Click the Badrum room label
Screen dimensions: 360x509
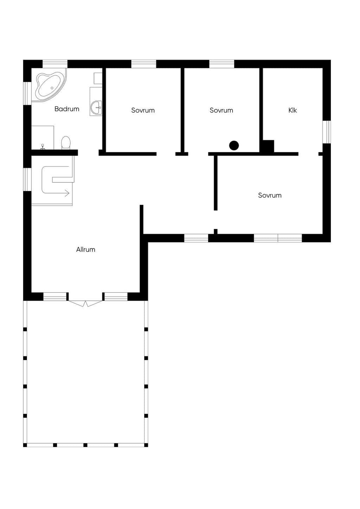[67, 109]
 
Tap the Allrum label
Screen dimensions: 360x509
[86, 250]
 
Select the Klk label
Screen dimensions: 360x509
[292, 110]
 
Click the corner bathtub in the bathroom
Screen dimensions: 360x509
[51, 85]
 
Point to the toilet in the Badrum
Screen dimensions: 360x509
[66, 143]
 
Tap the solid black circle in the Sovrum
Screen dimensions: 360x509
[234, 146]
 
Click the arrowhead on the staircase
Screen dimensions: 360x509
[67, 193]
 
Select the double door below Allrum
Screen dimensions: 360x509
[86, 303]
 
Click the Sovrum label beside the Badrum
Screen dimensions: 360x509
[143, 110]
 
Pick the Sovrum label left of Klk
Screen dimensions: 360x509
[221, 110]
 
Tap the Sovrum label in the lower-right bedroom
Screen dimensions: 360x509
[270, 195]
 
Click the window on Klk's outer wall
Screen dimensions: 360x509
[327, 132]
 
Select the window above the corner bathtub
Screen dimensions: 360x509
[55, 64]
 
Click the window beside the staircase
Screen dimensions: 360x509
[27, 180]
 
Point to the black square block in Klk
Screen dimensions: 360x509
[268, 146]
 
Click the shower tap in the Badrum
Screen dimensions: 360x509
[43, 147]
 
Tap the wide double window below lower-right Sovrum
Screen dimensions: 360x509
[278, 238]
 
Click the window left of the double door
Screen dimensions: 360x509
[55, 297]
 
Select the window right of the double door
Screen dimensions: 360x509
[116, 297]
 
